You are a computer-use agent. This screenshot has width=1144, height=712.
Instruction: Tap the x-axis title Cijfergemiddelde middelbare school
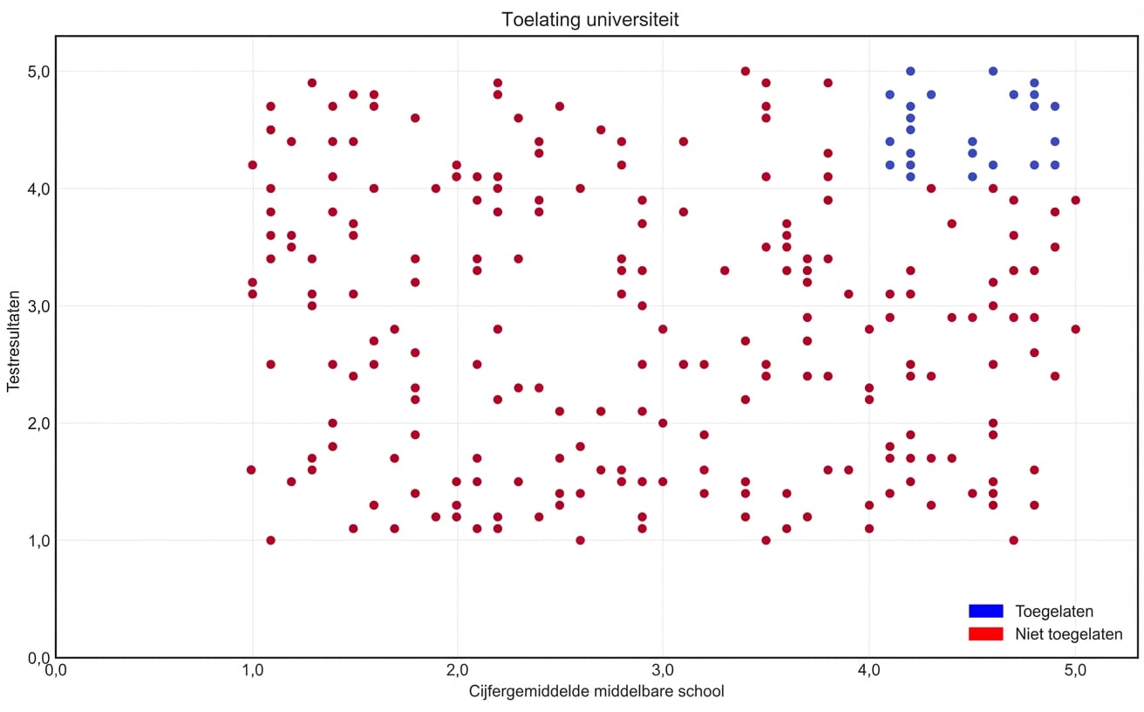click(x=596, y=692)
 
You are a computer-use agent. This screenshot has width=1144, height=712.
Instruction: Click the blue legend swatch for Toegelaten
click(x=985, y=611)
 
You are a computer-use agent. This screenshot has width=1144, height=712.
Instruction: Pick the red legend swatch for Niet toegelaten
click(x=985, y=633)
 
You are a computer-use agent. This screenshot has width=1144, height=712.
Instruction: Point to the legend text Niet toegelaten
click(x=1068, y=634)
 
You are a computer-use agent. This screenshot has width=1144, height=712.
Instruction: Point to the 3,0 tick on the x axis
click(x=663, y=671)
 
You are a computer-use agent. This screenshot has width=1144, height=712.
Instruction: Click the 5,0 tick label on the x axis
click(x=1074, y=671)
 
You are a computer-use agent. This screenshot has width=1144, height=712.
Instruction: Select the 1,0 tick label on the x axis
click(x=252, y=671)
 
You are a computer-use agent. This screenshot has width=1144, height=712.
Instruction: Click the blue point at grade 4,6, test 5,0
click(x=992, y=71)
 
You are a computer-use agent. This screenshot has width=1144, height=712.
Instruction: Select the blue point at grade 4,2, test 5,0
click(x=910, y=71)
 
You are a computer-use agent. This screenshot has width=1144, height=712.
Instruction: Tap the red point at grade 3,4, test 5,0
click(x=746, y=71)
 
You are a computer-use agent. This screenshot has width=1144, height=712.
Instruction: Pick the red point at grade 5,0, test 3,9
click(x=1075, y=200)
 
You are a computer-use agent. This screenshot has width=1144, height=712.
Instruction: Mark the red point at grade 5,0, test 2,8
click(x=1075, y=329)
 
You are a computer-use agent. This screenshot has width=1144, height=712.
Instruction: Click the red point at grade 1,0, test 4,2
click(x=252, y=165)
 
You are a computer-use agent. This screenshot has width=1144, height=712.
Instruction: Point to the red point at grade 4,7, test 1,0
click(x=1013, y=540)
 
